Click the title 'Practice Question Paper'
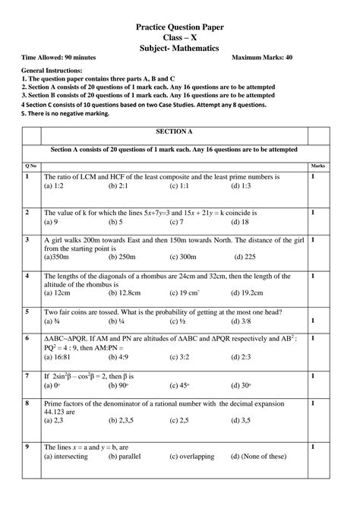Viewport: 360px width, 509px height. point(179,27)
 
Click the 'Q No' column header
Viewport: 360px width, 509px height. point(30,166)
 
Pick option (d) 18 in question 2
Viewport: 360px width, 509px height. point(241,223)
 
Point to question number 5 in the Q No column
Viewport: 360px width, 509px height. point(27,311)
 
